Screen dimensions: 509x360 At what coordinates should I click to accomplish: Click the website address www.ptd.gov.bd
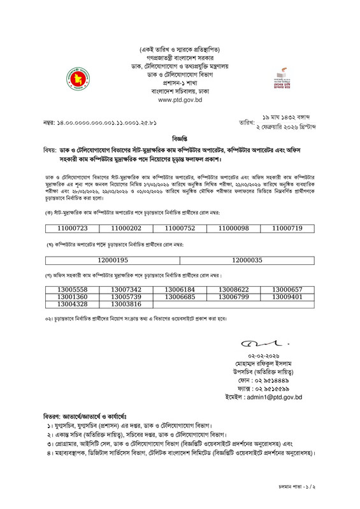180,101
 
